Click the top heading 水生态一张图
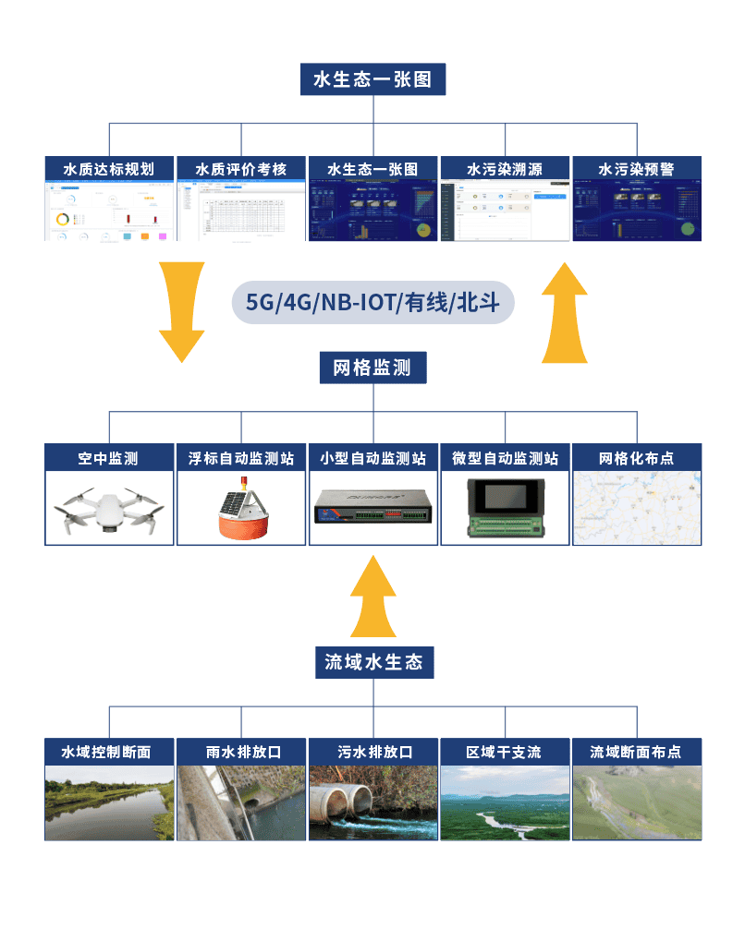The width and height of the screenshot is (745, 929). pyautogui.click(x=372, y=79)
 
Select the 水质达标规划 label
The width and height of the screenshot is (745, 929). pyautogui.click(x=109, y=169)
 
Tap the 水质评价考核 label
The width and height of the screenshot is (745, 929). pyautogui.click(x=241, y=169)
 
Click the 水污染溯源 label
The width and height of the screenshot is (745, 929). pyautogui.click(x=505, y=169)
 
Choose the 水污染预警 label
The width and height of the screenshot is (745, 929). pyautogui.click(x=637, y=169)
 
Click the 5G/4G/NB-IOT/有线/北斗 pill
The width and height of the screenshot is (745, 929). pyautogui.click(x=372, y=302)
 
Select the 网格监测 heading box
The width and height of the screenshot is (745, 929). pyautogui.click(x=373, y=368)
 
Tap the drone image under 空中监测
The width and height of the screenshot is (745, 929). pyautogui.click(x=109, y=509)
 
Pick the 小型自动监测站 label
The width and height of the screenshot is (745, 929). pyautogui.click(x=373, y=458)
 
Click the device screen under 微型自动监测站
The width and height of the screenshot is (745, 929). pyautogui.click(x=505, y=497)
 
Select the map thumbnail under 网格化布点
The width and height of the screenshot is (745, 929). pyautogui.click(x=637, y=507)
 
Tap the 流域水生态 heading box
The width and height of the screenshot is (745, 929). pyautogui.click(x=373, y=662)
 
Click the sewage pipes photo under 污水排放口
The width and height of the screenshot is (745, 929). pyautogui.click(x=373, y=802)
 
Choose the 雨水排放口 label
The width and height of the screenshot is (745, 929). pyautogui.click(x=241, y=752)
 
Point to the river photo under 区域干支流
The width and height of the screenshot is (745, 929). pyautogui.click(x=505, y=802)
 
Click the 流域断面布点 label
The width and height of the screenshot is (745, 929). pyautogui.click(x=637, y=752)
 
